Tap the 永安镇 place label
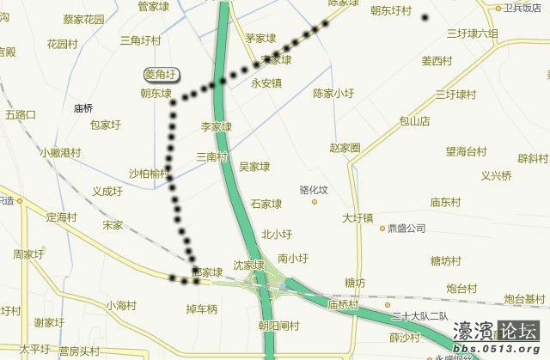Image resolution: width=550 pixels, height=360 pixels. (266, 83)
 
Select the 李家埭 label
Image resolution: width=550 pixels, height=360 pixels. (217, 126)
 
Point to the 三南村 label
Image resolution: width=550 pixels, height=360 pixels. (212, 157)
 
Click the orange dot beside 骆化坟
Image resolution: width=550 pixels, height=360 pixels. (315, 202)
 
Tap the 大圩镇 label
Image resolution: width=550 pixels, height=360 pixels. (357, 218)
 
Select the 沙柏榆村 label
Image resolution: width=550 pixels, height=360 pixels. (149, 173)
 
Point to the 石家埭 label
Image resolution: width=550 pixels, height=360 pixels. (266, 204)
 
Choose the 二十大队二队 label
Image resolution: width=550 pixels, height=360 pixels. (420, 316)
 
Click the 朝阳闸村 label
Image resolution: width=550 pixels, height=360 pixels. (278, 326)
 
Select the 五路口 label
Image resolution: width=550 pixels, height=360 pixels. (20, 113)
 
